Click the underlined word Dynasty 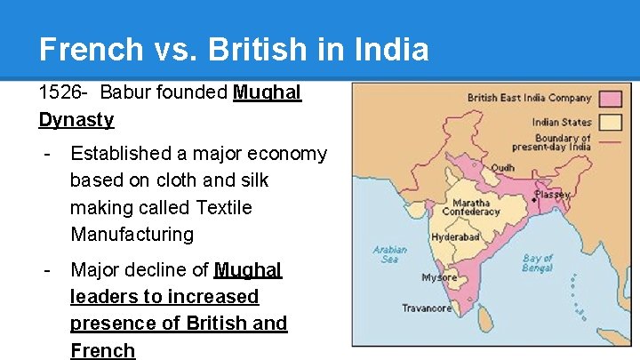[76, 119]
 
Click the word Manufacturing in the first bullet [132, 235]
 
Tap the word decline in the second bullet [172, 269]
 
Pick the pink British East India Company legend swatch [609, 98]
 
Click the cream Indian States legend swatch [609, 122]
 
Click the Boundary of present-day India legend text [563, 142]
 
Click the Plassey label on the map [552, 193]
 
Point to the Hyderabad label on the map [455, 237]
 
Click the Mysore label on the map [439, 277]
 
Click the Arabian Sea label [389, 253]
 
